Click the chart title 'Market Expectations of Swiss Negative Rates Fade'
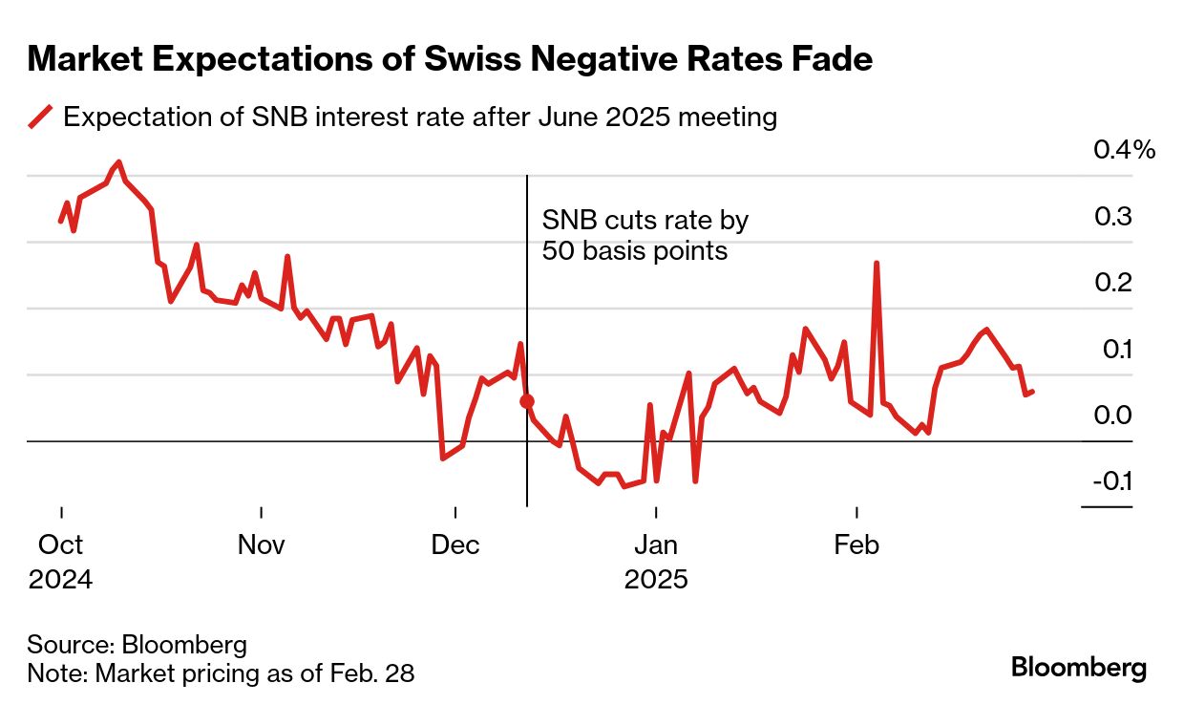tap(450, 60)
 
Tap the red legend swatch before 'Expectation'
tap(40, 117)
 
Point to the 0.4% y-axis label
tap(1124, 150)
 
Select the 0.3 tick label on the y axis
tap(1112, 217)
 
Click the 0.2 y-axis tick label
tap(1112, 283)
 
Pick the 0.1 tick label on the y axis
tap(1112, 350)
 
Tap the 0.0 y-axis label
tap(1112, 416)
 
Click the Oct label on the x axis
tap(60, 545)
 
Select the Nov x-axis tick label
tap(261, 545)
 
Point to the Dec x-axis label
tap(455, 545)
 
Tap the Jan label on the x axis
tap(656, 545)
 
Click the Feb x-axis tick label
tap(856, 545)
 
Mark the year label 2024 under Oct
tap(60, 580)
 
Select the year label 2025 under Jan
tap(656, 580)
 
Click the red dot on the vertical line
tap(527, 402)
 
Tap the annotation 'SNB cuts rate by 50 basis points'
tap(645, 236)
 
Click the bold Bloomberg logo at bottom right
tap(1079, 668)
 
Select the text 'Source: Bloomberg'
tap(137, 644)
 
